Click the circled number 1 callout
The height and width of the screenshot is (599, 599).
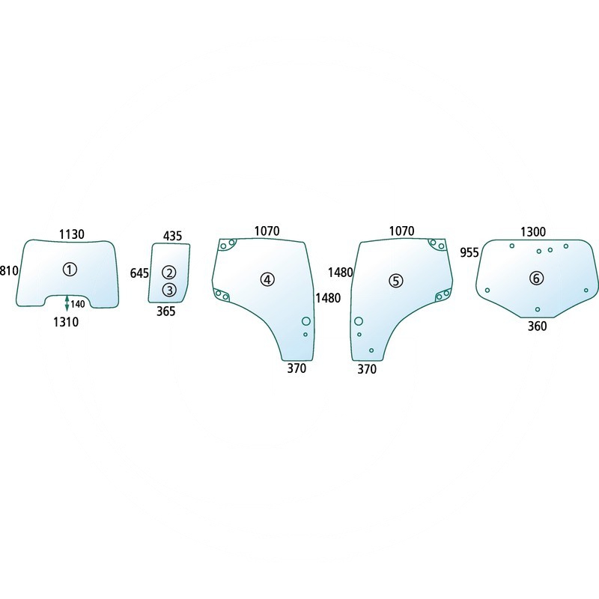click(70, 270)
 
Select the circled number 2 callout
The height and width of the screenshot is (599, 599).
click(169, 273)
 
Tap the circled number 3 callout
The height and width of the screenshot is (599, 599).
click(169, 290)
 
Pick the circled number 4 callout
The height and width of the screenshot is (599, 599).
click(267, 279)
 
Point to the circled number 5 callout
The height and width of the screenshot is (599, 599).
click(396, 281)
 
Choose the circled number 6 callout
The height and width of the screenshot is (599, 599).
click(536, 279)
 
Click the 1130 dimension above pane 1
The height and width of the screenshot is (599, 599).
click(71, 234)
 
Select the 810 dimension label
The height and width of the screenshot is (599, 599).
click(9, 270)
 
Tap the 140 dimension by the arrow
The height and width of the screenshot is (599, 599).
click(78, 304)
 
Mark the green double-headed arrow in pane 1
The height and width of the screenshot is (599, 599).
click(67, 303)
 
